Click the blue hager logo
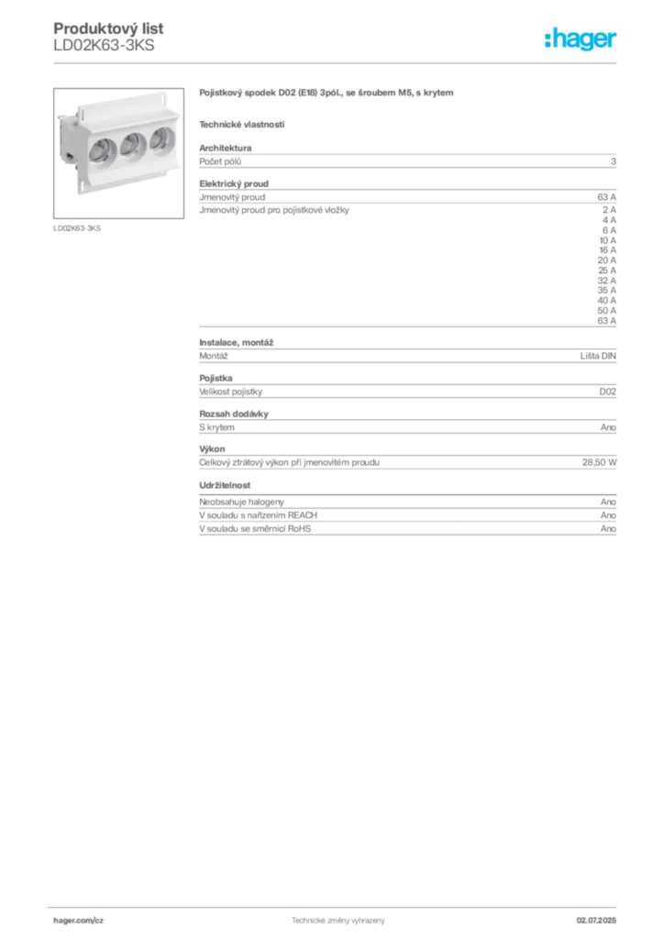point(582,39)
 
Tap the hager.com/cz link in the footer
point(79,919)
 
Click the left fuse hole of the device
point(103,149)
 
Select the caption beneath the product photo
point(77,226)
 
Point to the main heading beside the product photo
point(326,93)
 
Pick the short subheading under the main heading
point(242,123)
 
